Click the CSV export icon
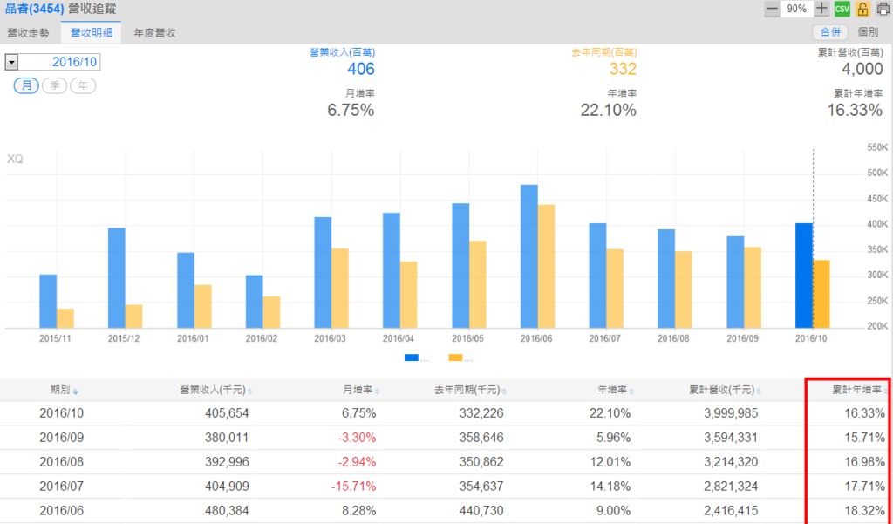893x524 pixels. click(x=842, y=9)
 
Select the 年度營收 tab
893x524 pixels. click(x=154, y=32)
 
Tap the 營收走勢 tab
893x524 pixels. click(x=28, y=32)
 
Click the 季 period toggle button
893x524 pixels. click(x=55, y=85)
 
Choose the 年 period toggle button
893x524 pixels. click(x=83, y=85)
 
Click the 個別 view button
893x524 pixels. click(x=868, y=32)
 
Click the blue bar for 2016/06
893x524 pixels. click(x=529, y=256)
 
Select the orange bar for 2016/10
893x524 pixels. click(x=821, y=294)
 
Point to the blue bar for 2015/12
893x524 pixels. click(x=116, y=278)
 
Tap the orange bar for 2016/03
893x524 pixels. click(x=340, y=289)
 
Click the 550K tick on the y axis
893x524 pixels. click(x=876, y=147)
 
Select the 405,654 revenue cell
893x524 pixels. click(x=223, y=412)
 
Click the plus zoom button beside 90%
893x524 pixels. click(x=821, y=9)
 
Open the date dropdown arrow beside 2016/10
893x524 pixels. click(x=11, y=62)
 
